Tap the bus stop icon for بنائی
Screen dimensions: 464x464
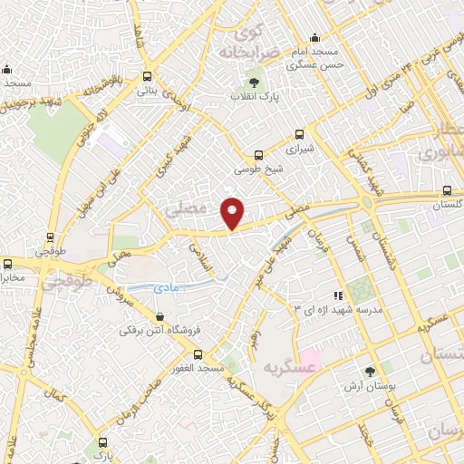tap(147, 77)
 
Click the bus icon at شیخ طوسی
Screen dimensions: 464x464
tap(259, 155)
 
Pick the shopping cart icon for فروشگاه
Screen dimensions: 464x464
tap(160, 317)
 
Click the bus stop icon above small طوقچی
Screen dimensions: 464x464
tap(48, 241)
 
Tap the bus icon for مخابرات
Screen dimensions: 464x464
tap(7, 264)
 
